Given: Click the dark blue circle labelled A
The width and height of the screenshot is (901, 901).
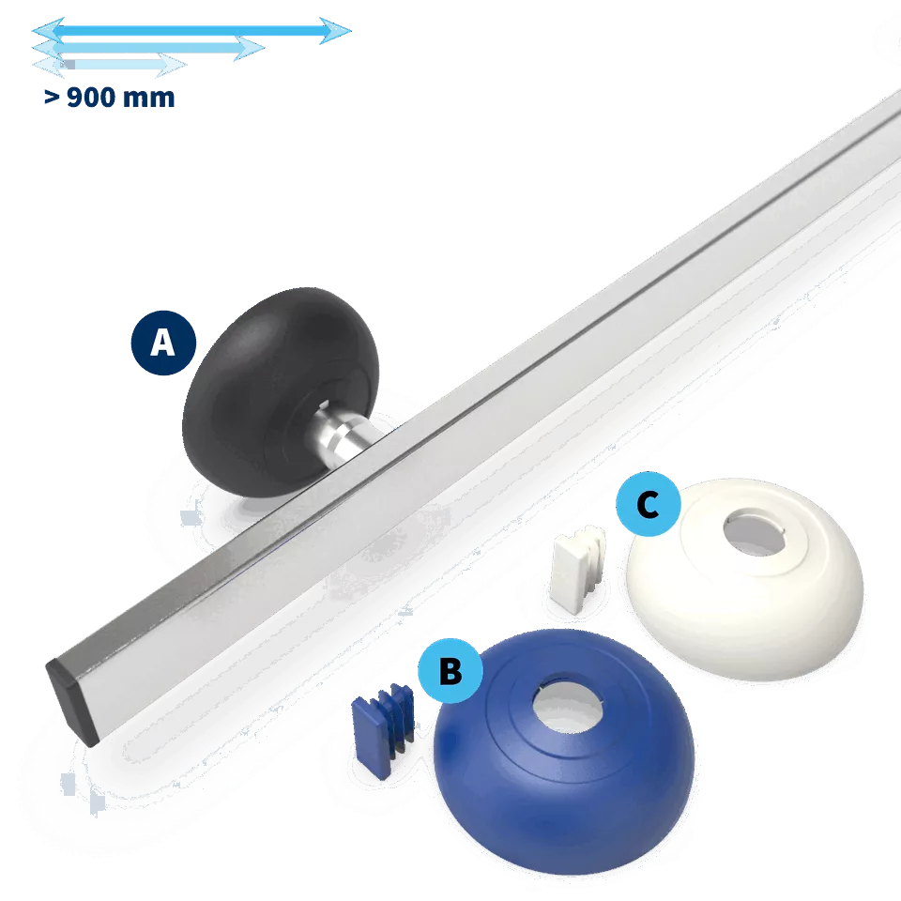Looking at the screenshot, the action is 163,344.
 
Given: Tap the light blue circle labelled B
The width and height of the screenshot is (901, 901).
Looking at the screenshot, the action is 450,670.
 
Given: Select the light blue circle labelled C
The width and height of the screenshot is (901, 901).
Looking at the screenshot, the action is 649,504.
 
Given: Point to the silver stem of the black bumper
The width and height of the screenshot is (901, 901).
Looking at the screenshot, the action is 341,434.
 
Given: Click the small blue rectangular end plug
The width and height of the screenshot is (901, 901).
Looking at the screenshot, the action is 383,730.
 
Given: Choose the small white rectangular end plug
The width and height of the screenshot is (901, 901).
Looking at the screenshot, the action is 577,569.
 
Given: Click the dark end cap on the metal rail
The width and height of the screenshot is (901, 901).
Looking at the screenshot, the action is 71,702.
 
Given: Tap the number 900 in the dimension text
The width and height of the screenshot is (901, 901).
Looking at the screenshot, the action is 91,98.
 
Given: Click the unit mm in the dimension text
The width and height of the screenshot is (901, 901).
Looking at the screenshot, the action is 148,99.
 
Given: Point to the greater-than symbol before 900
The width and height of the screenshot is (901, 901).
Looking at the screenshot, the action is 52,99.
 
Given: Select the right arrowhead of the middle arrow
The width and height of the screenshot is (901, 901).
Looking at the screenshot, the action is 250,48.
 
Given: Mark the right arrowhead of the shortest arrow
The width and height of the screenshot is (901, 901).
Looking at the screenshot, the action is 172,65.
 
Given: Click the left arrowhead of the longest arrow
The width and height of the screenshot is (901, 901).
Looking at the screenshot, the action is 48,30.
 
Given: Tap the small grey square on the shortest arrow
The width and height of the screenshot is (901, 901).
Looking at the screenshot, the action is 69,65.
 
